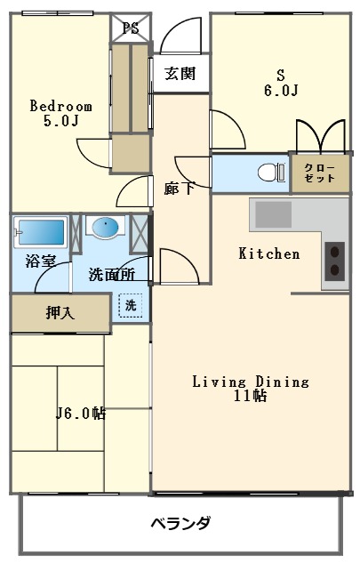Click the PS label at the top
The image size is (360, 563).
pos(131,27)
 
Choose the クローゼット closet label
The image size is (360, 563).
pos(319,173)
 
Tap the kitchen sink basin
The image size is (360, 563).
pos(275,214)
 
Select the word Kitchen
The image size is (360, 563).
pos(269,253)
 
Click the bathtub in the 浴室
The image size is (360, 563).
pos(40,233)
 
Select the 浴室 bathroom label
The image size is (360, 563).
pos(39,261)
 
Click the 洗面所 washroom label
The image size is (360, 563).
pos(112,275)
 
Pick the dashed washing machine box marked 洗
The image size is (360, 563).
pos(130,304)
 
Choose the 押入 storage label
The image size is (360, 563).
pos(60,313)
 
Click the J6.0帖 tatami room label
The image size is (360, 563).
pos(81,413)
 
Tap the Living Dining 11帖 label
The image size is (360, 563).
pos(252,389)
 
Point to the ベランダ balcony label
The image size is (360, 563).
pos(180,523)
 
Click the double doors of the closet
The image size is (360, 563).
pos(319,136)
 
